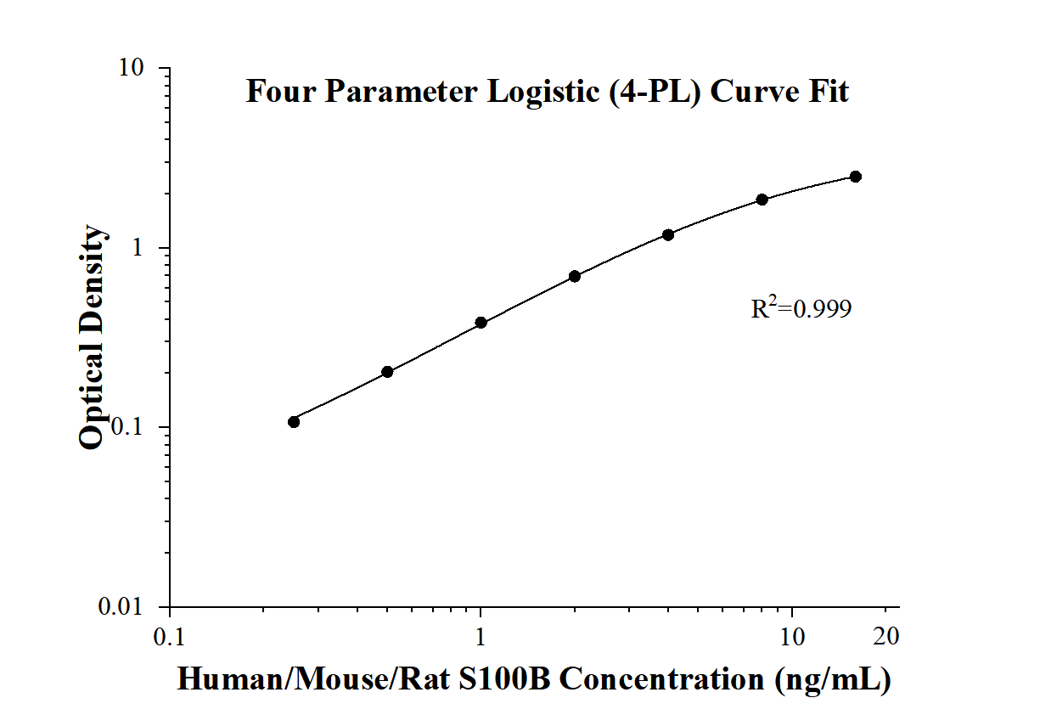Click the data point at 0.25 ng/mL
(x=294, y=422)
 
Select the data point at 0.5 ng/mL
(x=387, y=372)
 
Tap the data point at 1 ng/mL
(x=481, y=323)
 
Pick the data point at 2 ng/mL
(x=575, y=276)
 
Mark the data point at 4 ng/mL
(x=668, y=234)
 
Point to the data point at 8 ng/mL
(x=762, y=200)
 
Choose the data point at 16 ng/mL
(x=856, y=177)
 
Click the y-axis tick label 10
(x=136, y=68)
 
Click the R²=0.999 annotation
(x=801, y=309)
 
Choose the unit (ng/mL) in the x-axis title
(x=831, y=679)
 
